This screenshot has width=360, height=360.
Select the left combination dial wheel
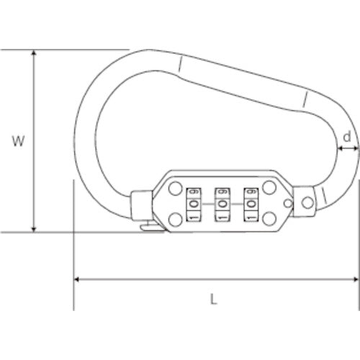(193, 204)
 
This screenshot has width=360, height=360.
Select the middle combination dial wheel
(222, 204)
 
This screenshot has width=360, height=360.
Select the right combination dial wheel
(251, 204)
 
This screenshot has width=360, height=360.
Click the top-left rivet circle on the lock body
(174, 189)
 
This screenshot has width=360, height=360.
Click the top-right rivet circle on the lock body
(270, 189)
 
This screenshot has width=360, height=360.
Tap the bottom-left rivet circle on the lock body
(174, 219)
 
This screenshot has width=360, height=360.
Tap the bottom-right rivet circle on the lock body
(270, 219)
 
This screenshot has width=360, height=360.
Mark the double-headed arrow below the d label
(348, 147)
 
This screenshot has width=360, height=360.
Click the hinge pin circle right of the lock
(306, 202)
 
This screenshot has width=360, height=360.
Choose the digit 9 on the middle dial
(222, 192)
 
